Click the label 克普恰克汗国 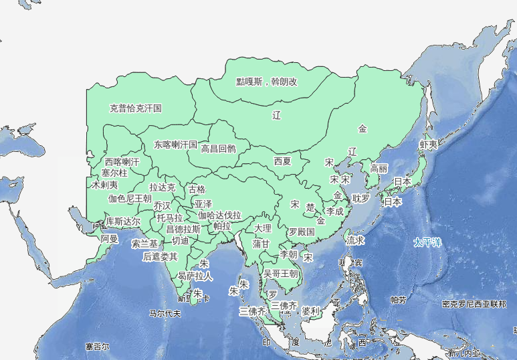tap(136, 108)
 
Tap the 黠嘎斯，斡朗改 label tap(266, 82)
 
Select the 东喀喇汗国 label tap(175, 145)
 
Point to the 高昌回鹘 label tap(219, 149)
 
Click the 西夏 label tap(282, 161)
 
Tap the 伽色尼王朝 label tap(130, 199)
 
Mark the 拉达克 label tap(163, 187)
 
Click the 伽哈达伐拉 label tap(219, 215)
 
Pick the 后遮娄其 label tap(160, 256)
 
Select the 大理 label tap(263, 229)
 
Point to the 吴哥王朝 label tap(281, 274)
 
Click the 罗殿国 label tap(301, 232)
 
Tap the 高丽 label tap(379, 169)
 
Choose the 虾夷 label tap(428, 145)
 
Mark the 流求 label tap(355, 240)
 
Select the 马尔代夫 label tap(165, 313)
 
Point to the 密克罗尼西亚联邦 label tap(474, 304)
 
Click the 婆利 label tap(311, 311)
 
